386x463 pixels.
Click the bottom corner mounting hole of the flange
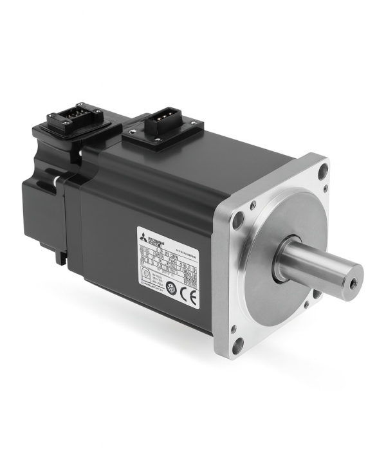tap(239, 343)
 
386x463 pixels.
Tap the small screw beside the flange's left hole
tap(253, 206)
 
